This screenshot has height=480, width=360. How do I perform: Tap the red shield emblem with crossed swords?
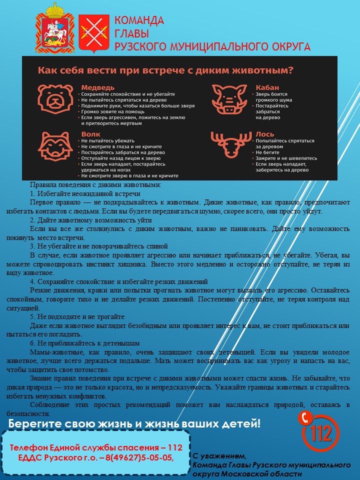pyautogui.click(x=94, y=32)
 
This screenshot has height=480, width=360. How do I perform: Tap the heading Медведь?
pyautogui.click(x=98, y=87)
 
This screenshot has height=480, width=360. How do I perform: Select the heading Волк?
pyautogui.click(x=90, y=134)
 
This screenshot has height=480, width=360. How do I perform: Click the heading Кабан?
pyautogui.click(x=267, y=87)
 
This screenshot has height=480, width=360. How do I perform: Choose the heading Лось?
pyautogui.click(x=265, y=134)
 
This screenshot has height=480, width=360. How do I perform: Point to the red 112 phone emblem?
pyautogui.click(x=320, y=430)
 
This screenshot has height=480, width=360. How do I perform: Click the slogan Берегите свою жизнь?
pyautogui.click(x=133, y=424)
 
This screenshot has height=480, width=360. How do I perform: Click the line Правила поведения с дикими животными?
pyautogui.click(x=95, y=184)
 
